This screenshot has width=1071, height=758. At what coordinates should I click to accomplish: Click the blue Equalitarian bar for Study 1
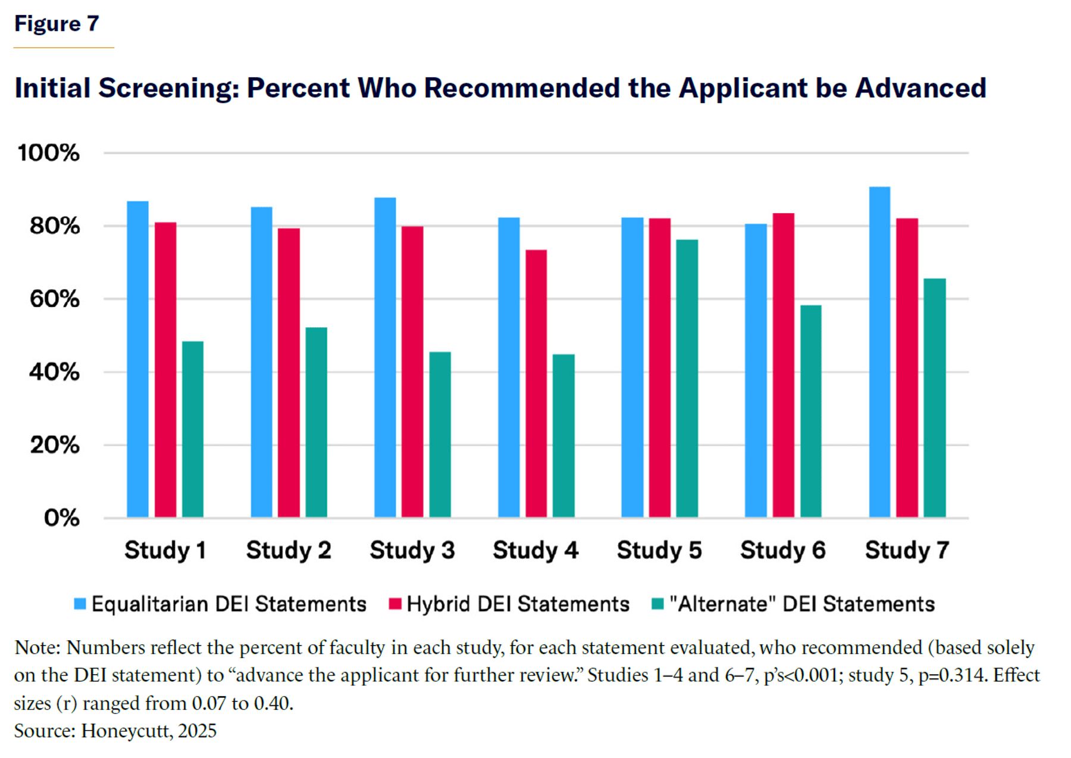[137, 359]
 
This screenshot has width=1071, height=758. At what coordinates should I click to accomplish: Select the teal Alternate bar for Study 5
[687, 378]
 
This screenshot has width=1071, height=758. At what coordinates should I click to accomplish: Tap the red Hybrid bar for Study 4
[536, 383]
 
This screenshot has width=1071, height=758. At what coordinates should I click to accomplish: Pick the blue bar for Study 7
[879, 352]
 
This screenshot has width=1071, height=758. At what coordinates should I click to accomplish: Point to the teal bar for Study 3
[440, 434]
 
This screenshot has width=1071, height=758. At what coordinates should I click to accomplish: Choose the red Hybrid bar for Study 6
[783, 365]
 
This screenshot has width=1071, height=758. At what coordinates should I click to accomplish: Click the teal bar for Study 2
[316, 422]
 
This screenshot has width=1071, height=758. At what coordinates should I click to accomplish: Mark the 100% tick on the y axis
[48, 153]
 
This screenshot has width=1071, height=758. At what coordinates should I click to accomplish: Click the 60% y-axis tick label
[54, 299]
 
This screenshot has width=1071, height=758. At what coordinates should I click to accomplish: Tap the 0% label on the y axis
[61, 518]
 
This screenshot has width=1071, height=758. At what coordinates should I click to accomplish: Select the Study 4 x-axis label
[535, 550]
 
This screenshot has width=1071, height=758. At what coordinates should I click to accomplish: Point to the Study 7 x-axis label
[907, 550]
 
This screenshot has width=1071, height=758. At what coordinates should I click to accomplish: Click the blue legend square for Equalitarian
[80, 604]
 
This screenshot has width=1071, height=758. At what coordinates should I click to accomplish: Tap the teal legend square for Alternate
[657, 604]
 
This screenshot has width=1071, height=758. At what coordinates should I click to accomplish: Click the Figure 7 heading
[57, 24]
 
